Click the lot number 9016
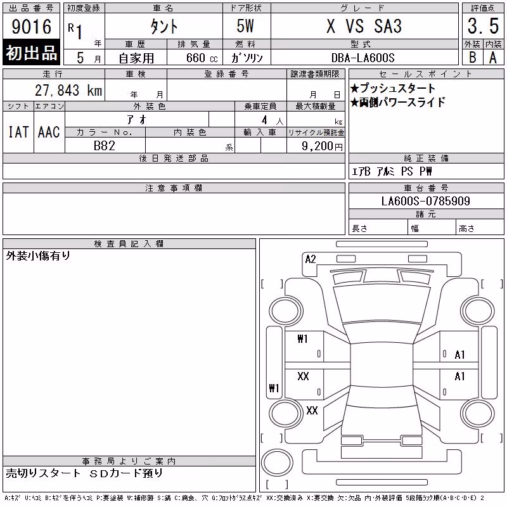tap(31, 27)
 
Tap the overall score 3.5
tap(483, 26)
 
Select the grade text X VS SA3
tap(364, 26)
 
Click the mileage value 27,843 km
tap(68, 90)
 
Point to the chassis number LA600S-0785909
tap(425, 201)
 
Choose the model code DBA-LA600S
tap(363, 58)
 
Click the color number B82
tap(104, 146)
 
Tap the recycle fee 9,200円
tap(322, 146)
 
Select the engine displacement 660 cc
tap(202, 58)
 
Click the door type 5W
tap(245, 26)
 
